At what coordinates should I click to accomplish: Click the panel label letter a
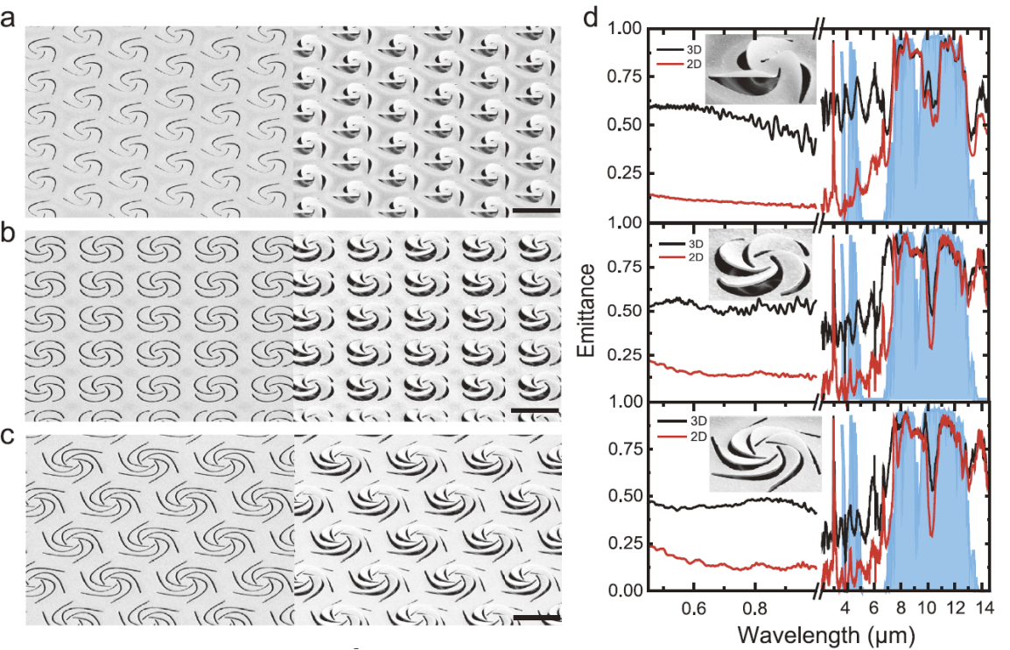(x=8, y=18)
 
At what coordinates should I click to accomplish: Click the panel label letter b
(x=8, y=232)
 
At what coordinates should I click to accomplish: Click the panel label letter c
(x=8, y=437)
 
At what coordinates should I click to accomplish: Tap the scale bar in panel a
(x=537, y=211)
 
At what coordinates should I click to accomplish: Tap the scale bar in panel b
(x=535, y=410)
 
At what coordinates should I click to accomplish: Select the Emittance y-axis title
(x=586, y=311)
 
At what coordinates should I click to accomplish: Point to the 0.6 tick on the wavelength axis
(x=694, y=607)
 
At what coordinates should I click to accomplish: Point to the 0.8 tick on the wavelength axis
(x=754, y=607)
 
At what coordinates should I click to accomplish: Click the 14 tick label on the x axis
(x=983, y=607)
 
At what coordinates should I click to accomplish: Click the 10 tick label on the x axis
(x=927, y=607)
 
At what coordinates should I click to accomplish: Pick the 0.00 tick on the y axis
(x=626, y=591)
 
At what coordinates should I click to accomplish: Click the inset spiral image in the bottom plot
(x=765, y=454)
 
